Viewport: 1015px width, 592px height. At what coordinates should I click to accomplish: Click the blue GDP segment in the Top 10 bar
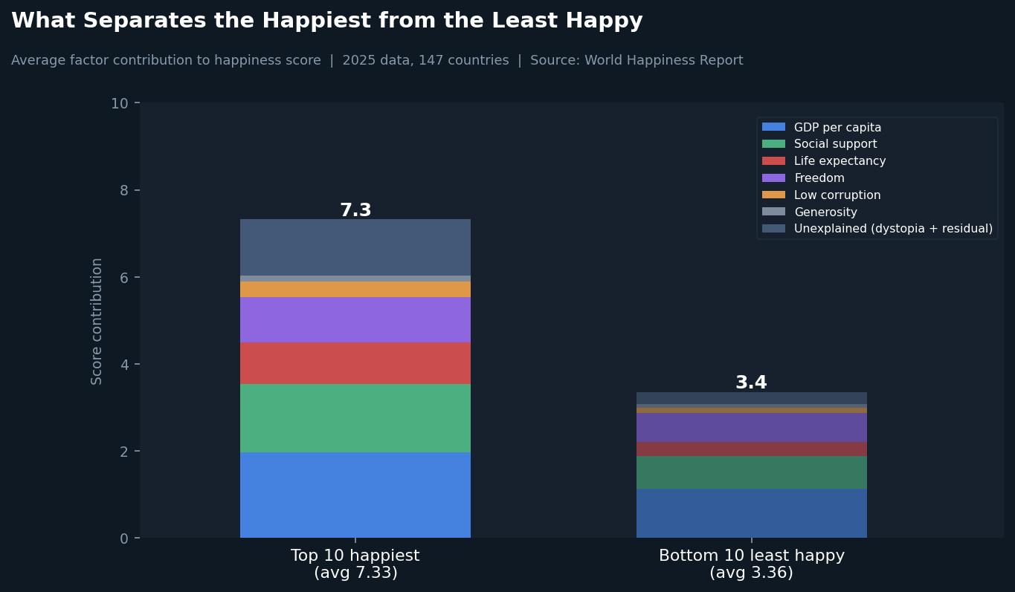coord(355,495)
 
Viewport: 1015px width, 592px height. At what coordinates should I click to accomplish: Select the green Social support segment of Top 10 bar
coord(355,418)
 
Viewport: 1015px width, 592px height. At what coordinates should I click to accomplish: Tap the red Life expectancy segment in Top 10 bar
coord(355,363)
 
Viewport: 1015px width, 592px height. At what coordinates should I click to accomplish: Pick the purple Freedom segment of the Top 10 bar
coord(355,320)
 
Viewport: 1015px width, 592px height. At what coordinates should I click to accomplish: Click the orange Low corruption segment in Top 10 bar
coord(355,290)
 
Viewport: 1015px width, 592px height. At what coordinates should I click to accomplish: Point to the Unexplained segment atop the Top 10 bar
coord(355,247)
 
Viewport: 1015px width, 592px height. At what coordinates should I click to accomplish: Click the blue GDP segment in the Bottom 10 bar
coord(752,513)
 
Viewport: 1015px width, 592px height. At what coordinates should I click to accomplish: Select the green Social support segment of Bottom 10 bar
coord(752,472)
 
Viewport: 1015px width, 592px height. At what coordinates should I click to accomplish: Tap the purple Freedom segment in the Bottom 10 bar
coord(752,428)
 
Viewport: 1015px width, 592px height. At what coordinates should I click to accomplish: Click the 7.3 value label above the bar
coord(355,210)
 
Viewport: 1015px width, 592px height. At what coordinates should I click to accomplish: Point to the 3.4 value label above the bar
coord(751,383)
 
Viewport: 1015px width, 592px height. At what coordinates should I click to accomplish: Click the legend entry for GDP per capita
coord(822,127)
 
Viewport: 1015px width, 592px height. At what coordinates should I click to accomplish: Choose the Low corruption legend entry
coord(821,195)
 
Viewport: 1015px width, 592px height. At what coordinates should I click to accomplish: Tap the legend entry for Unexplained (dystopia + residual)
coord(877,229)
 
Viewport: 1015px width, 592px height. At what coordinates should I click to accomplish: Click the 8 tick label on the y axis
coord(124,191)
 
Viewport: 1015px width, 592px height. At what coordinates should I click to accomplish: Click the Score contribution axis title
coord(96,322)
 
